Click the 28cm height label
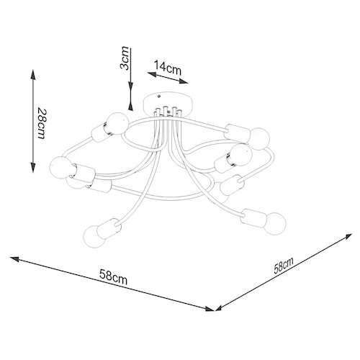[x=41, y=124]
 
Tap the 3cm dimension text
[x=125, y=58]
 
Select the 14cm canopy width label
[x=167, y=68]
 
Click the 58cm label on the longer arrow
[x=113, y=276]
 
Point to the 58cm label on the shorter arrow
[x=284, y=266]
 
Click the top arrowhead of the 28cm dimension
[x=33, y=74]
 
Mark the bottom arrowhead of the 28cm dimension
[x=33, y=167]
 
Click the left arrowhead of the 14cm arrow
[x=152, y=74]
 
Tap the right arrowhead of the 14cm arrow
[x=184, y=81]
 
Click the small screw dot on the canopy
[x=158, y=96]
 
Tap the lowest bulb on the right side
[x=275, y=224]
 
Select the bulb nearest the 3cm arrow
[x=118, y=123]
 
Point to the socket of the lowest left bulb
[x=109, y=228]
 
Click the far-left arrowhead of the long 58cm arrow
[x=14, y=259]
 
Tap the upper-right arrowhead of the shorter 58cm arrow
[x=348, y=236]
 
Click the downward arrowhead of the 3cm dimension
[x=130, y=87]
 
